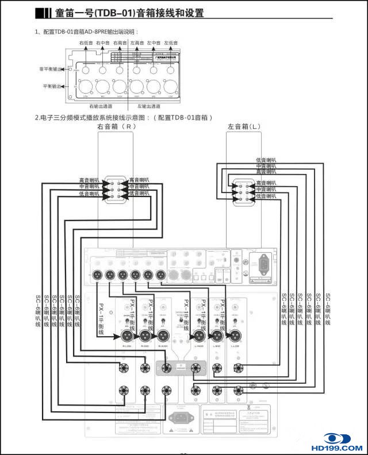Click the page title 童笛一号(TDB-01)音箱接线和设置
click(129, 13)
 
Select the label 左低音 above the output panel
click(171, 43)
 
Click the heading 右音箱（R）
click(117, 126)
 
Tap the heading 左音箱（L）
click(244, 126)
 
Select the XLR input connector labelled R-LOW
click(127, 336)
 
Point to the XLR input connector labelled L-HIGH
click(199, 336)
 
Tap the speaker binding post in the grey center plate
click(166, 369)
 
